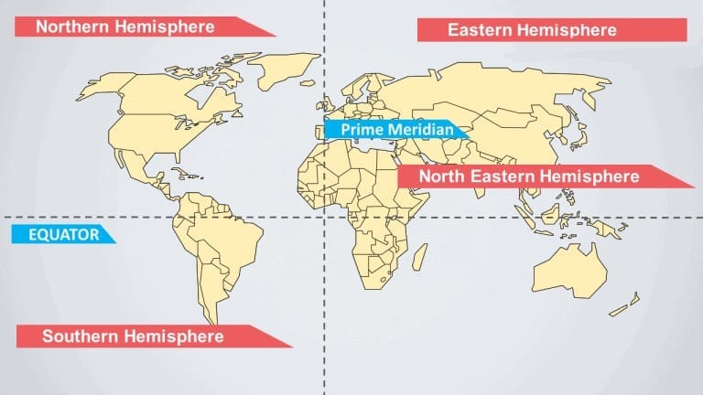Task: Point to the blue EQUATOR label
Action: click(x=61, y=234)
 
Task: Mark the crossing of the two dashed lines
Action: click(x=323, y=218)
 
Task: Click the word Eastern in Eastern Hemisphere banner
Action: click(x=480, y=30)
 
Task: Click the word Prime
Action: click(x=359, y=130)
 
